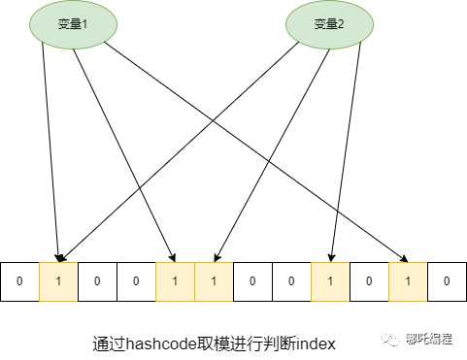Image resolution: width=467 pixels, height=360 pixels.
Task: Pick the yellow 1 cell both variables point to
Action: tap(58, 281)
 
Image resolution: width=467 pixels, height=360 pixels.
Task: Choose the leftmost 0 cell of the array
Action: tap(19, 281)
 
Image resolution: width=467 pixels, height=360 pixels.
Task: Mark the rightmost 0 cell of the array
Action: tap(446, 281)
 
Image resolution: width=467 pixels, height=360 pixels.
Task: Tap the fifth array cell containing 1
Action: tap(175, 281)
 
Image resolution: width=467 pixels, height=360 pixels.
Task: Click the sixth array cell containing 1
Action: tap(214, 281)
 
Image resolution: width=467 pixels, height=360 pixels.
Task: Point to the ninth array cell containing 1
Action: tap(330, 281)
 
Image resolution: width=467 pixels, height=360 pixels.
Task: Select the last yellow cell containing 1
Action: tap(408, 281)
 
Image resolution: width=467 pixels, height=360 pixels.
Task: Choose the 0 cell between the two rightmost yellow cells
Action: tap(369, 281)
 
